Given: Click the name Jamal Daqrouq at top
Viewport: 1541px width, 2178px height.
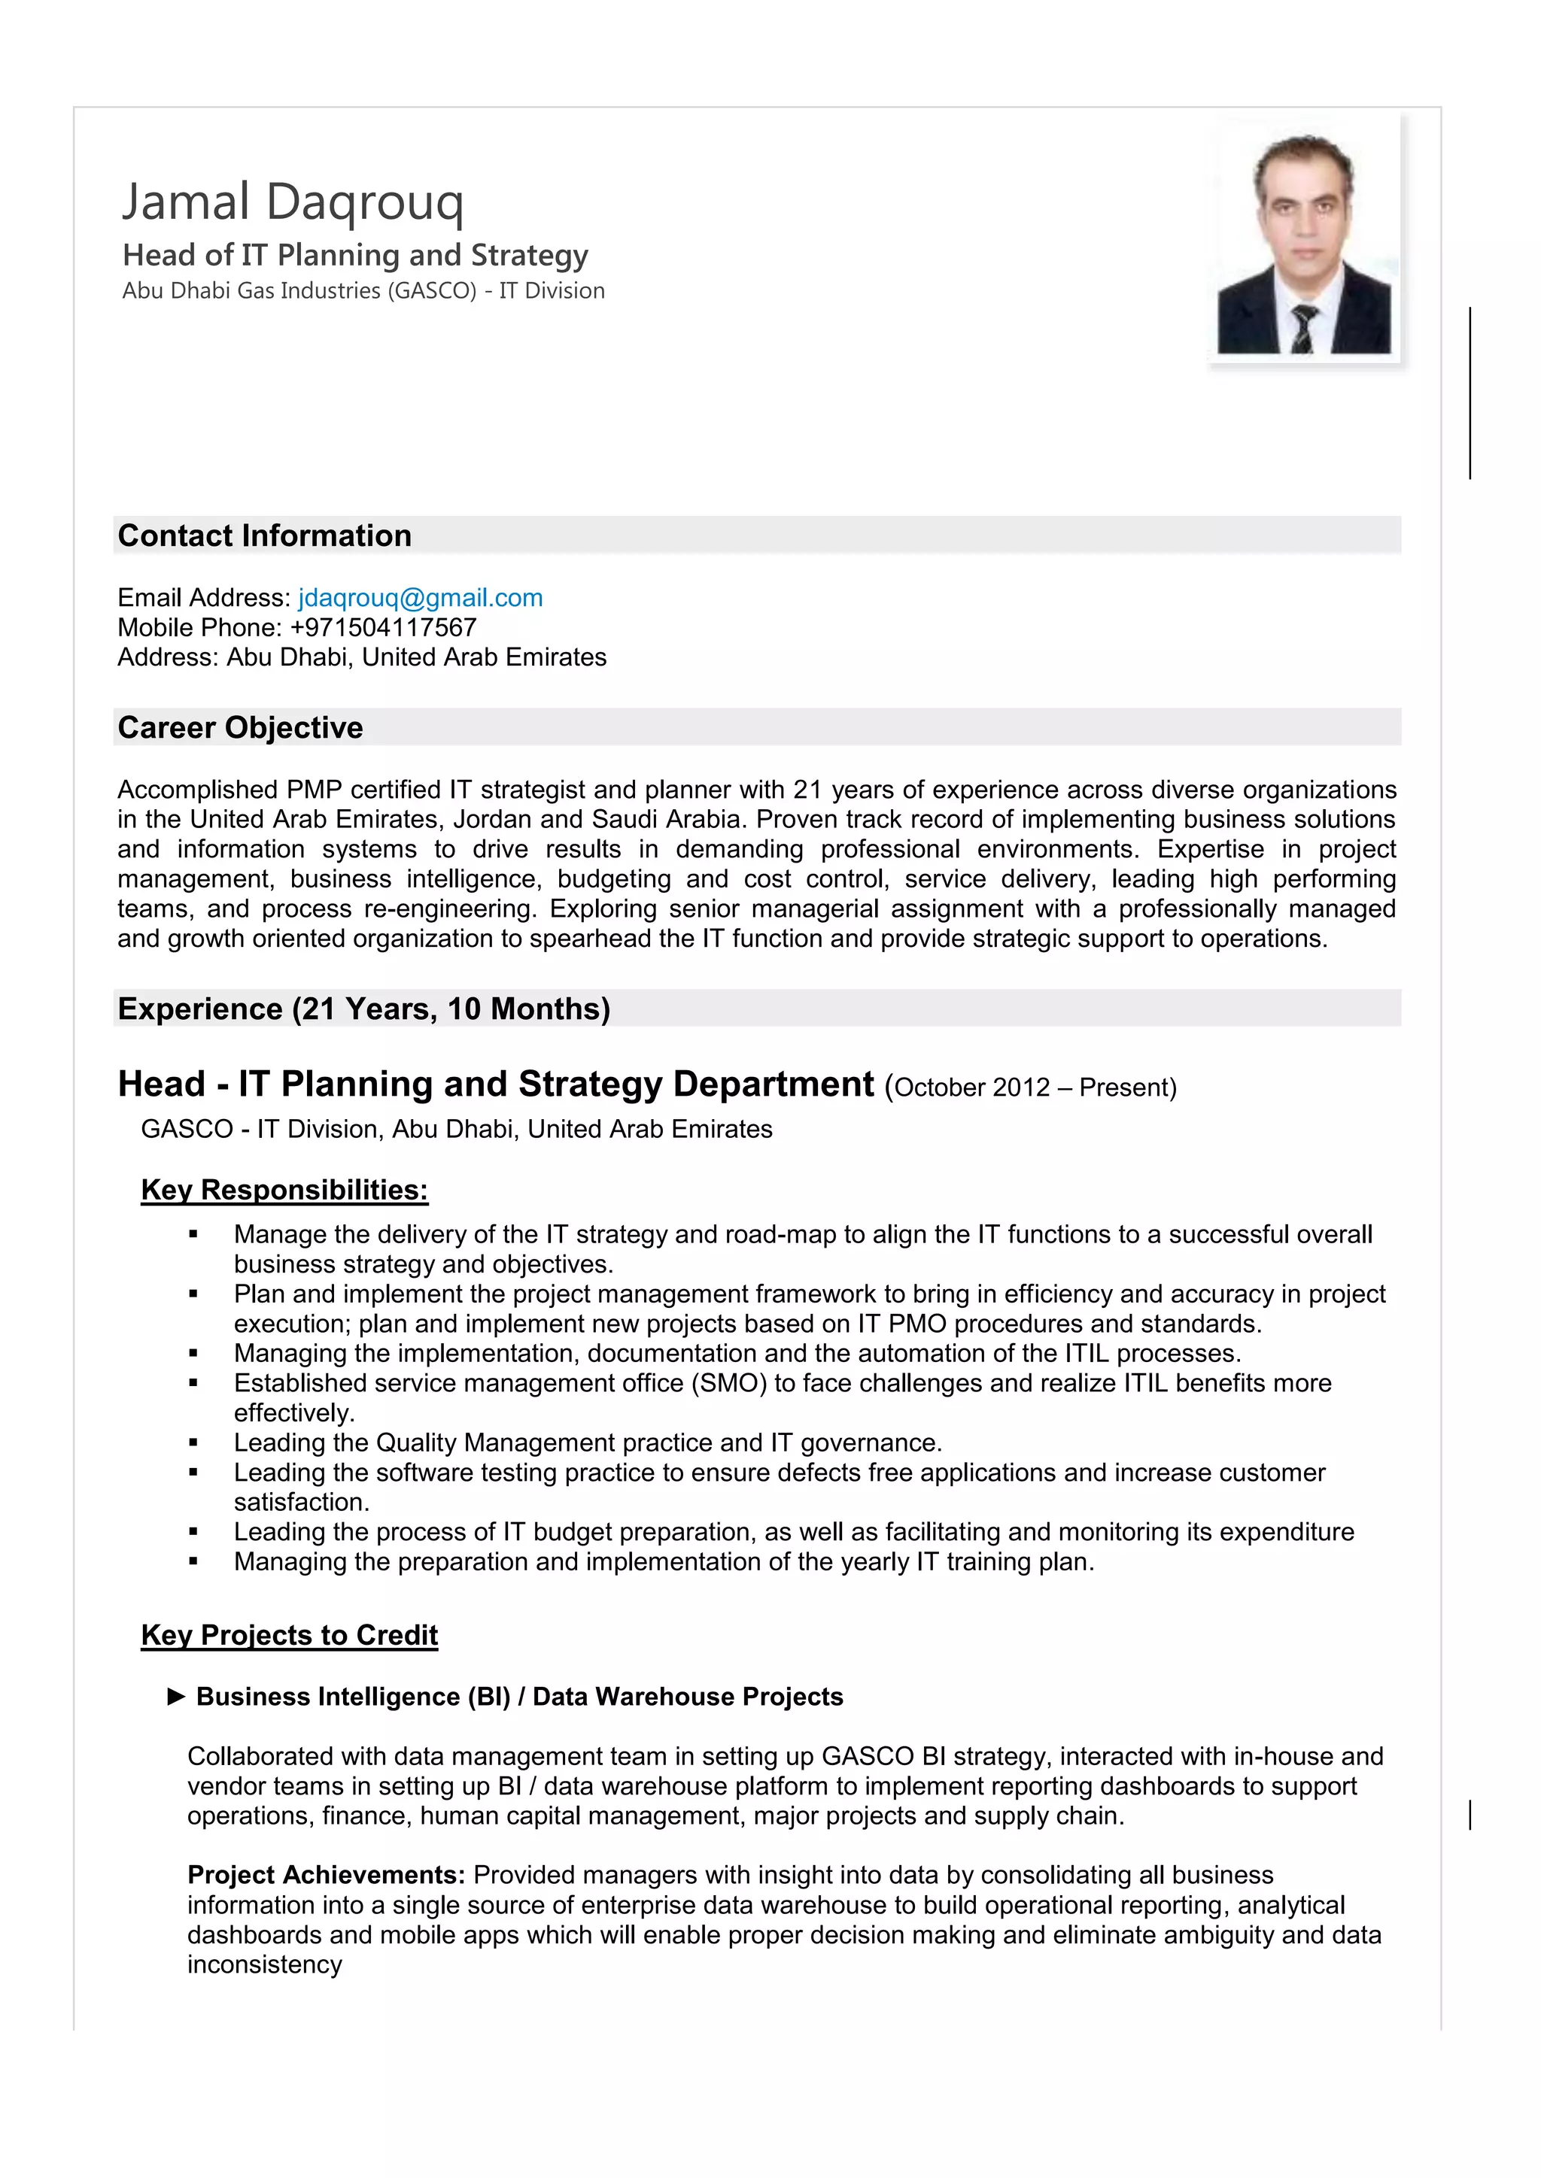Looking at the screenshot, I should (x=292, y=202).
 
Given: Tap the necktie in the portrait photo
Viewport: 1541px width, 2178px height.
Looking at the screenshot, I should (x=1305, y=328).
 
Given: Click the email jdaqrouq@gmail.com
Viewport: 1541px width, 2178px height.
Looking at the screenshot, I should (x=421, y=598).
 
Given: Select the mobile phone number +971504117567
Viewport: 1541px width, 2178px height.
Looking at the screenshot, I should (x=383, y=627).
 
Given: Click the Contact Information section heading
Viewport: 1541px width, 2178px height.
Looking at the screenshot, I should (x=264, y=536).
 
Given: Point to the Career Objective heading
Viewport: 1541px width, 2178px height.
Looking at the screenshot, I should (x=240, y=727).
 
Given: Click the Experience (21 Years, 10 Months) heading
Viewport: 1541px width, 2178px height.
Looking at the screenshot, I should (x=363, y=1009).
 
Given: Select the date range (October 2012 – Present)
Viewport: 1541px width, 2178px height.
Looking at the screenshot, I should (x=1031, y=1087).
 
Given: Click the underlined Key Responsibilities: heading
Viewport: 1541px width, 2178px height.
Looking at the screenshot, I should (x=284, y=1190).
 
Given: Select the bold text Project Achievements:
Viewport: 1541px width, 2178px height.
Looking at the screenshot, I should (x=326, y=1876).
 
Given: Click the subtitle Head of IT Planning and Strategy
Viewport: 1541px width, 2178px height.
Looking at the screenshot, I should (x=355, y=255).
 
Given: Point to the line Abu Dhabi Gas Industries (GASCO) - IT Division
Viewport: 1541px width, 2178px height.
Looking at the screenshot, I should (x=363, y=291).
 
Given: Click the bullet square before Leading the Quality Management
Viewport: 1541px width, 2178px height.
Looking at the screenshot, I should (x=193, y=1442).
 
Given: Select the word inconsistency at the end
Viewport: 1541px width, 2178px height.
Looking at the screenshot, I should (x=264, y=1964).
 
